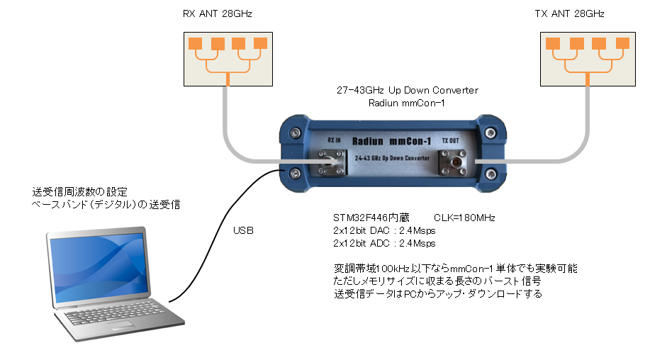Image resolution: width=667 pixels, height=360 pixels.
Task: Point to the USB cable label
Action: point(243,231)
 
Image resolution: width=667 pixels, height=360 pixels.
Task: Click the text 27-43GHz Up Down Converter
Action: point(407,91)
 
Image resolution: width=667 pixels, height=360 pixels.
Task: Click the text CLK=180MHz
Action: point(464,218)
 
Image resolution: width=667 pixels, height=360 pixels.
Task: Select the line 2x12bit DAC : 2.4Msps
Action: point(383,230)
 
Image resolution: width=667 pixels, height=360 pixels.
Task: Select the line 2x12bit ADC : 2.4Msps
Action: point(383,243)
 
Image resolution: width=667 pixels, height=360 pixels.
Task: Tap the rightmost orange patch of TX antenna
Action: point(622,43)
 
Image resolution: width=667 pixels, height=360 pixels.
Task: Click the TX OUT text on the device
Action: point(450,141)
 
